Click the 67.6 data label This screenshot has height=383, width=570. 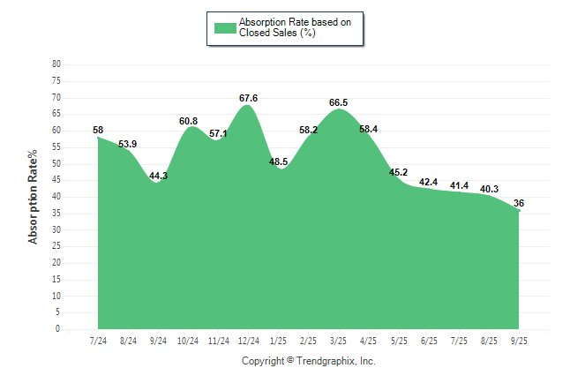(x=248, y=98)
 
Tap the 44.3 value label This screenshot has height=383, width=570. (x=159, y=176)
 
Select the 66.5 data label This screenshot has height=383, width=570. (x=338, y=102)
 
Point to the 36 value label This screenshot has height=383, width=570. (x=519, y=203)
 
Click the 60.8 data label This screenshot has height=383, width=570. (x=188, y=121)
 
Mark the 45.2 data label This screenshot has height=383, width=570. (x=399, y=172)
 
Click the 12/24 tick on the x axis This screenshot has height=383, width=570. (x=248, y=340)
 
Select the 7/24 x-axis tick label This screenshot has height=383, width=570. (x=99, y=340)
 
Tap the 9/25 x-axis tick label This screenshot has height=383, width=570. (x=519, y=340)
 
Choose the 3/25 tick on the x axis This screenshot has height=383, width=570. (x=339, y=340)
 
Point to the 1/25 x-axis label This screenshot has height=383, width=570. (x=279, y=340)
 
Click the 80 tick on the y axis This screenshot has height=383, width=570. (x=56, y=64)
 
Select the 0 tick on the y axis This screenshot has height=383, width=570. (x=58, y=329)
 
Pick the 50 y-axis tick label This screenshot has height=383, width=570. (x=56, y=164)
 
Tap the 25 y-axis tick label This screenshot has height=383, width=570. (x=56, y=246)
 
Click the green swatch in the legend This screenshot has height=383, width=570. (x=224, y=27)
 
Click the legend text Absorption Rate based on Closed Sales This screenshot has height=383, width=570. (x=296, y=27)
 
